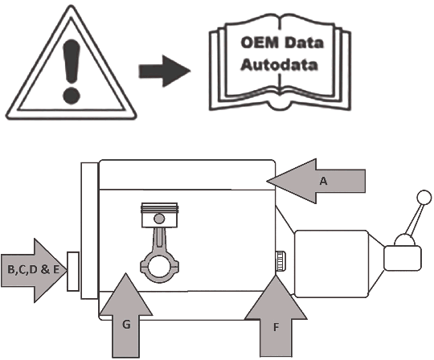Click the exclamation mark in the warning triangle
72,71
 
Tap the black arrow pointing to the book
165,71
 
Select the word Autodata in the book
279,65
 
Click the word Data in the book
303,43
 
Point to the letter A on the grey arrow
323,181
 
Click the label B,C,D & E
33,269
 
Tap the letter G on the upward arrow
126,325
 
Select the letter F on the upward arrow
276,328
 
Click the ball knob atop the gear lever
424,198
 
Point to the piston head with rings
159,215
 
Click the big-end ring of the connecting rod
158,268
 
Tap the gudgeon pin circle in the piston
159,219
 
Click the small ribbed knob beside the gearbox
280,261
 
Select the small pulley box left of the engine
73,271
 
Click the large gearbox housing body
331,264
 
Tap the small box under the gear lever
403,258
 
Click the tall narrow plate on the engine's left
89,231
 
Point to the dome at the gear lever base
404,239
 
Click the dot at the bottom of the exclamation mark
72,96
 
